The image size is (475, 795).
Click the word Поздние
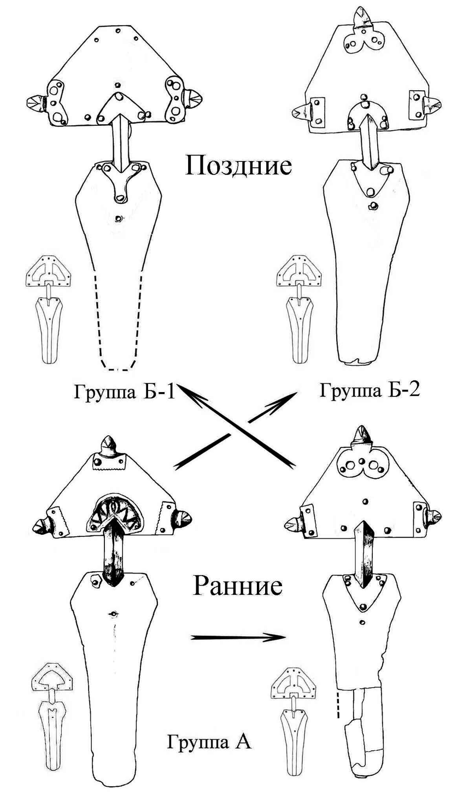238,166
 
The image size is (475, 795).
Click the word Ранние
238,586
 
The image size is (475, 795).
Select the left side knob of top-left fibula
37,102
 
